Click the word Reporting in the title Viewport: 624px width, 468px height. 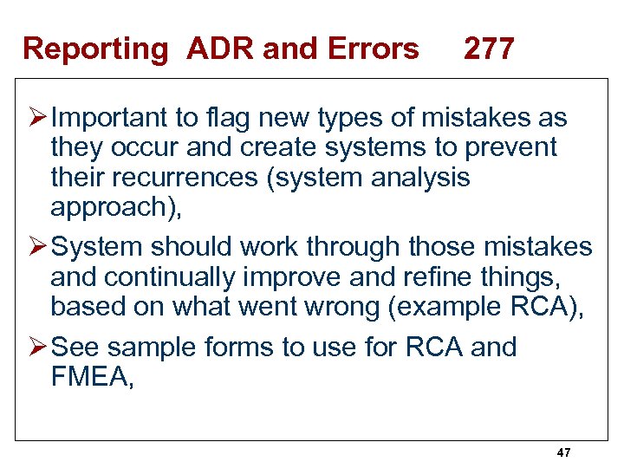[95, 49]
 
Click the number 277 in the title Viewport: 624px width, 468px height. [489, 49]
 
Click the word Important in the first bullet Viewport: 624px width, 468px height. [119, 117]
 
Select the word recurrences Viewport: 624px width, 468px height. [181, 178]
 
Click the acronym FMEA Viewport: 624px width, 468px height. [89, 378]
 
